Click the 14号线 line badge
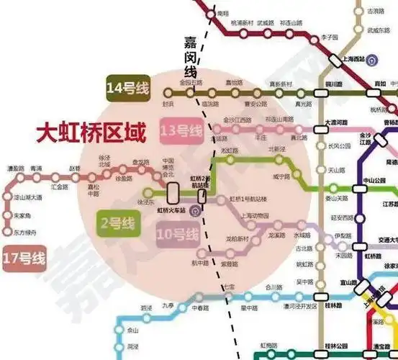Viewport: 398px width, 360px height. (x=127, y=89)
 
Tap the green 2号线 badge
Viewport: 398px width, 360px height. (x=114, y=222)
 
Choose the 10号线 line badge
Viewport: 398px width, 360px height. (x=178, y=234)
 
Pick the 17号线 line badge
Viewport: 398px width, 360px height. (x=24, y=256)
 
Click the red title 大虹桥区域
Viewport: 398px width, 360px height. (x=91, y=133)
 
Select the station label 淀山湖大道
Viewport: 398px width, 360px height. (x=27, y=196)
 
